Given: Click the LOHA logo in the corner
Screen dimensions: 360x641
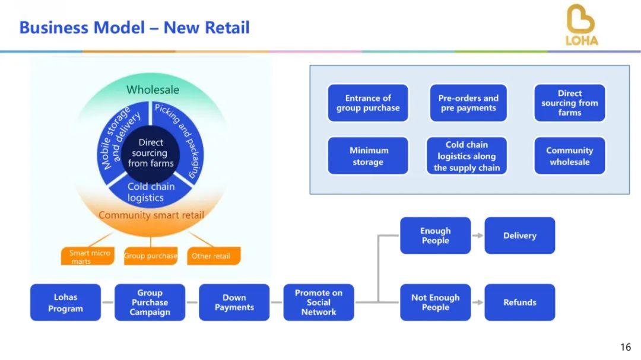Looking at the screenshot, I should (x=581, y=26).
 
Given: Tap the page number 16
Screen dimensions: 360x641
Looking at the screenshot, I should (x=625, y=347).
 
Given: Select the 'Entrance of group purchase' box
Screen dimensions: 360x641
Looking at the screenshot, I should (x=368, y=103).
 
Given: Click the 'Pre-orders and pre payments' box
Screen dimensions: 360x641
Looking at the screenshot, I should (x=468, y=103).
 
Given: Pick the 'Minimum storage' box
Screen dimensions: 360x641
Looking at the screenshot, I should (x=368, y=156).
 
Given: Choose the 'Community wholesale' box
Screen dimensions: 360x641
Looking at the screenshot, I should (x=569, y=156).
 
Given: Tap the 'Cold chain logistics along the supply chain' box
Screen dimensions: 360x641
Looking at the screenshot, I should (x=467, y=156).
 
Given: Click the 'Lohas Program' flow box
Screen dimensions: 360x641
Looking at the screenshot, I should (x=65, y=302).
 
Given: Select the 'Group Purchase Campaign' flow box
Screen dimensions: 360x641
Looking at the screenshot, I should (x=150, y=302).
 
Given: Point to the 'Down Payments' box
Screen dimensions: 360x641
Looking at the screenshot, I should (x=234, y=302).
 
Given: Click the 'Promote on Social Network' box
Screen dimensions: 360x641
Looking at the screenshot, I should (x=319, y=302).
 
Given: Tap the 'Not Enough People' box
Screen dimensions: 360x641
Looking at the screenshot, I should (x=435, y=302).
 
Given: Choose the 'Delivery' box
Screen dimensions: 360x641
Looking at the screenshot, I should (x=519, y=235).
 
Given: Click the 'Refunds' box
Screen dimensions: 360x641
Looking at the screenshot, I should (x=519, y=302).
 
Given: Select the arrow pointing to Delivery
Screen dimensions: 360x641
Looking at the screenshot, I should (x=477, y=235).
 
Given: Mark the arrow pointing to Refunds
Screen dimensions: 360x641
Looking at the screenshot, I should (x=477, y=302).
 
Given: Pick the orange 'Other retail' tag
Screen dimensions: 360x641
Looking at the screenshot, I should (x=211, y=256).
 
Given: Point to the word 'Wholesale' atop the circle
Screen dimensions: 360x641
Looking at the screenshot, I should (x=153, y=90).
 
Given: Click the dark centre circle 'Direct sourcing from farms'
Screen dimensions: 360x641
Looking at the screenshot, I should (x=151, y=153).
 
